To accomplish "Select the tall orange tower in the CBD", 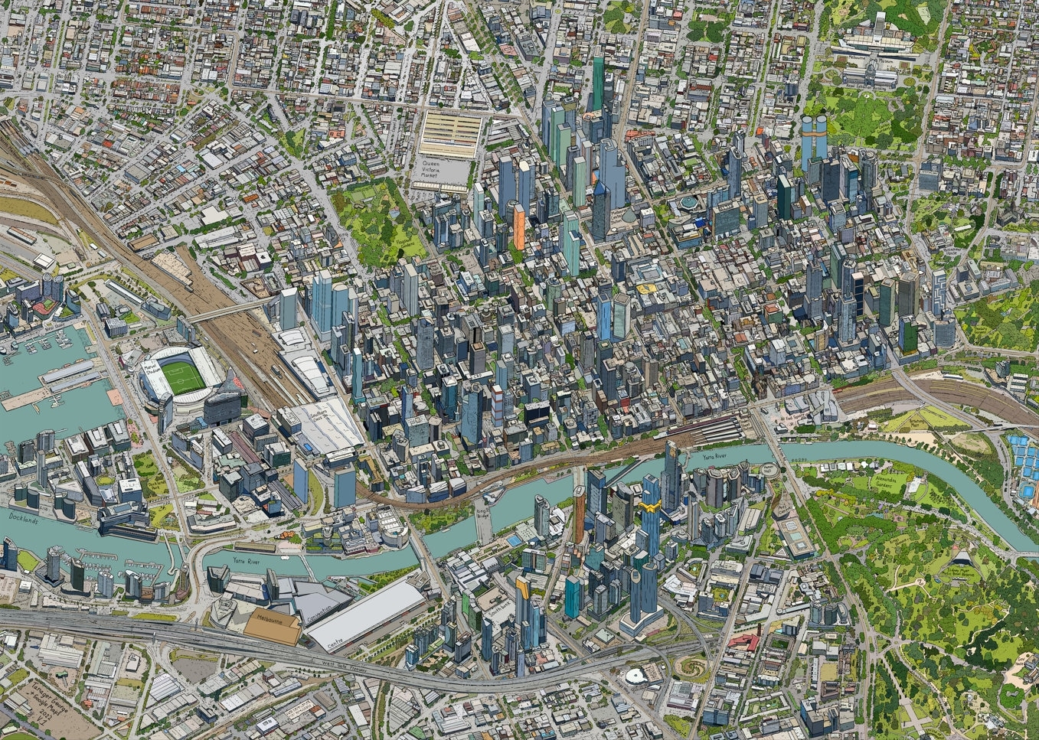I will (519, 227).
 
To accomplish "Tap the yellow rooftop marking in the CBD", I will (645, 289).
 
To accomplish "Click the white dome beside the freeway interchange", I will (635, 676).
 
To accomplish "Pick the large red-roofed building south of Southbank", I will (744, 641).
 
